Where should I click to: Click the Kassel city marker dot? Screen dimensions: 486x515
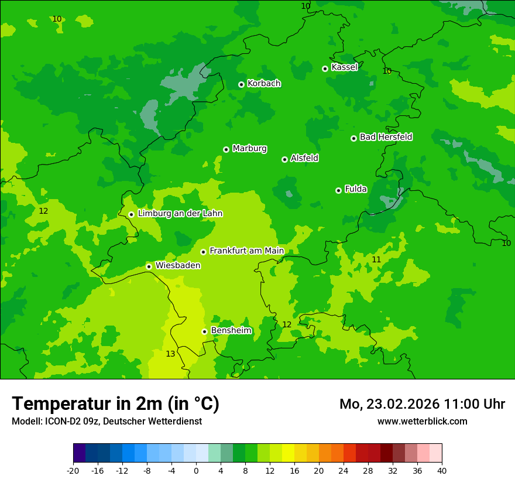[325, 69]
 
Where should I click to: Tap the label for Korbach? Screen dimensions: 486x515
[264, 84]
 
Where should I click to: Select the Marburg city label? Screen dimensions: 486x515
[249, 149]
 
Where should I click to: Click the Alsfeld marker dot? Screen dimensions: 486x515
[284, 159]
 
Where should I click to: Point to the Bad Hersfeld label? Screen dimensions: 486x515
[386, 137]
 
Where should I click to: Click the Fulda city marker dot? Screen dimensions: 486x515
[338, 190]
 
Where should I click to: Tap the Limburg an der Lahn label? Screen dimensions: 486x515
[180, 214]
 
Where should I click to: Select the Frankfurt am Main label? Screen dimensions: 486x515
[246, 251]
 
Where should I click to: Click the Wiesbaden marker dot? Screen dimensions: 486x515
[149, 266]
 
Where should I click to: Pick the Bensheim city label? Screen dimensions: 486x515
[231, 331]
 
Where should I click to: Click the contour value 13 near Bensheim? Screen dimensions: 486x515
[170, 354]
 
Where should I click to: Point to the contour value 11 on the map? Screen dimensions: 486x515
[376, 259]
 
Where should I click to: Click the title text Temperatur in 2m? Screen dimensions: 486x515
[115, 404]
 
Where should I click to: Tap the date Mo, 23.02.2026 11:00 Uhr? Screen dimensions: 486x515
[422, 404]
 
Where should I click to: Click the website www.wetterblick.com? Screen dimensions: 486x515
[422, 422]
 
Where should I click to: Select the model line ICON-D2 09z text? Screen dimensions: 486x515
[107, 422]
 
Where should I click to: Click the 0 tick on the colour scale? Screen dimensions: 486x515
[196, 471]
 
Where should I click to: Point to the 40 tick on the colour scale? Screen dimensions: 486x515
[442, 471]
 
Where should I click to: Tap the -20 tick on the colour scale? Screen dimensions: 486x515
[73, 471]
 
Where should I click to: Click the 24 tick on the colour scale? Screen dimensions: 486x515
[344, 471]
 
